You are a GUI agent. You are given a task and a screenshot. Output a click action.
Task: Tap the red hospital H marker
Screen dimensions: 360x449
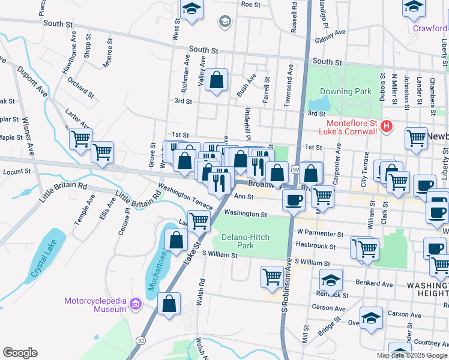click(x=387, y=127)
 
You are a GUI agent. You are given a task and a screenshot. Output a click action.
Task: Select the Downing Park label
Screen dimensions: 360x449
click(x=345, y=92)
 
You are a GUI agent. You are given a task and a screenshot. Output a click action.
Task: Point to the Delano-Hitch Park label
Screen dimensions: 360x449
click(x=246, y=242)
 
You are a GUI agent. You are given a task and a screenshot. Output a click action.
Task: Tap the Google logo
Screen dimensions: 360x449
click(x=20, y=353)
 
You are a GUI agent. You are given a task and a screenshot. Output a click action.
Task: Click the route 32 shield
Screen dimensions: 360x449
click(x=140, y=340)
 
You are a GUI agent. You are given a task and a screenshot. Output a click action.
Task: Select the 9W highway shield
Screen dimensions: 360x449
click(x=295, y=170)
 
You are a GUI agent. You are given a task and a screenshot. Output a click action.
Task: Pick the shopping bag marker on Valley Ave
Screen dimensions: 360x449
click(x=217, y=80)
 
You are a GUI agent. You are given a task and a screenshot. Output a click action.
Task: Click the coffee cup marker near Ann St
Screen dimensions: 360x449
click(x=294, y=200)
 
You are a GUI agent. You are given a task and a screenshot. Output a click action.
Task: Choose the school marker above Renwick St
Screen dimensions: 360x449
click(x=331, y=280)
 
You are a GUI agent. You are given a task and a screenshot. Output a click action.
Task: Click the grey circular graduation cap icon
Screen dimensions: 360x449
click(x=226, y=22)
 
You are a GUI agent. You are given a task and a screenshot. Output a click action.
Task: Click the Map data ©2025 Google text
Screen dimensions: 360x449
click(x=412, y=355)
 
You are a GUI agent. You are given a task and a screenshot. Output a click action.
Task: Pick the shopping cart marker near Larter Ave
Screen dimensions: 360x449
click(x=80, y=139)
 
